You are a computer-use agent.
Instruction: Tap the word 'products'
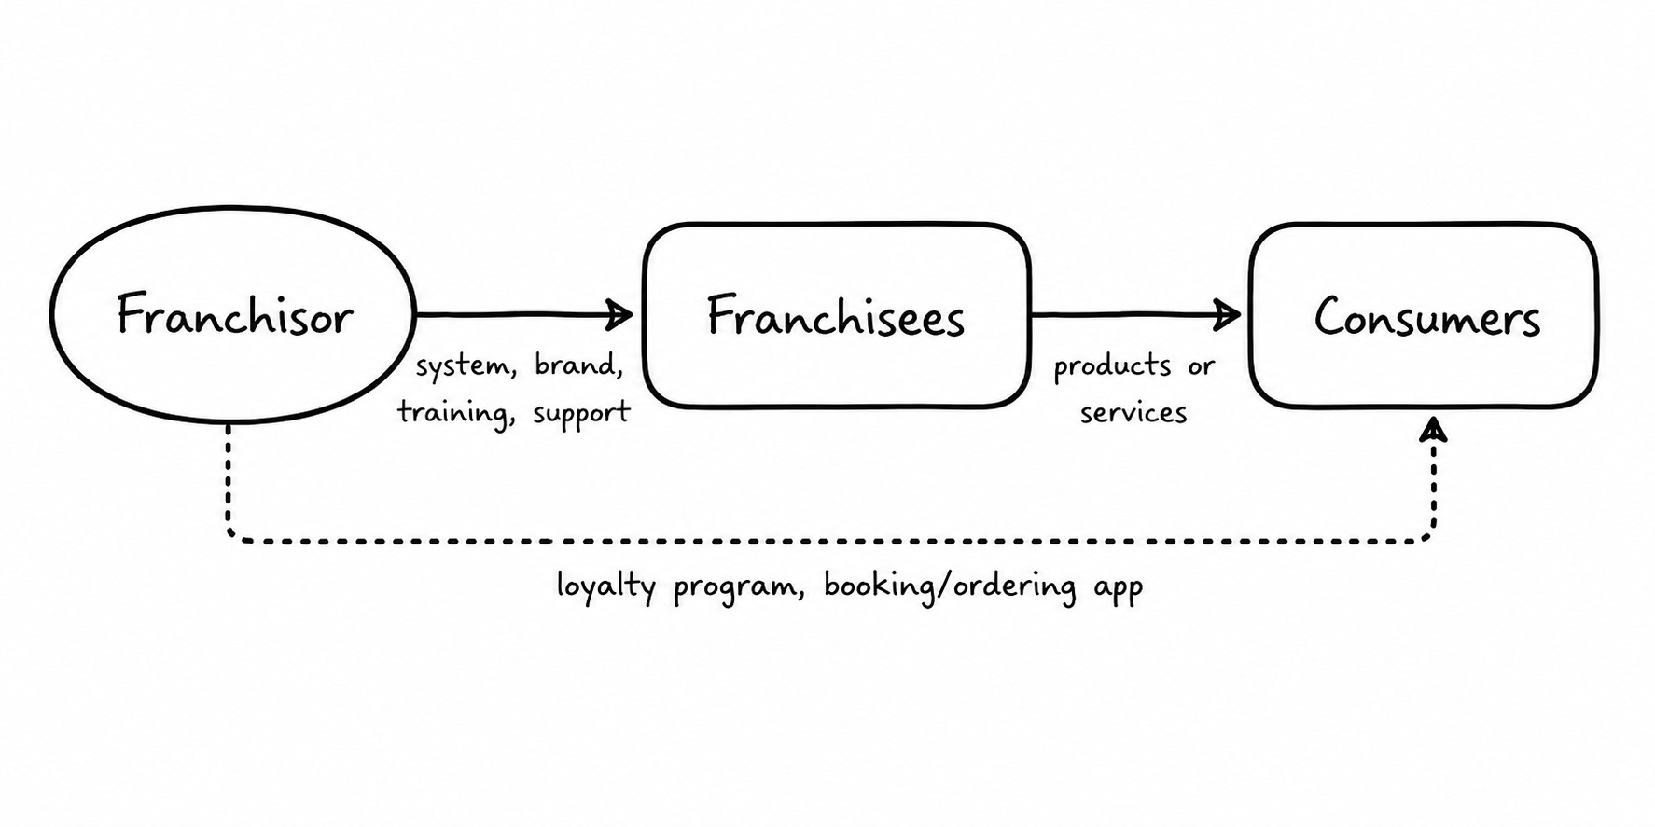click(1112, 366)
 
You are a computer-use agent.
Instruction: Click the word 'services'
click(1133, 412)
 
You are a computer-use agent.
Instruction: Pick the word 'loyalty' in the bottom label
click(606, 587)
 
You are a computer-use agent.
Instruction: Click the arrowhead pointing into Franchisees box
click(621, 315)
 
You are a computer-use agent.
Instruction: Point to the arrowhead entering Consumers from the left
click(1228, 315)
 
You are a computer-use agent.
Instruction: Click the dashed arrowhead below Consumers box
click(1433, 430)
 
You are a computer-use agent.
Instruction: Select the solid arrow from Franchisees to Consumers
click(1135, 315)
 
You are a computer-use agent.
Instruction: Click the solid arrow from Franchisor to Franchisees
click(523, 315)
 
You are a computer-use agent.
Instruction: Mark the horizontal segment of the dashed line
click(830, 540)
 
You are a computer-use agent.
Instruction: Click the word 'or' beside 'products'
click(1201, 366)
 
